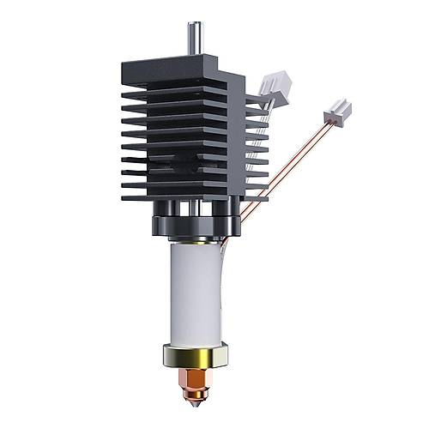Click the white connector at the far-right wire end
pyautogui.click(x=336, y=112)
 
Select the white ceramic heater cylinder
pyautogui.click(x=196, y=292)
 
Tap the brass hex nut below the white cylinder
pyautogui.click(x=196, y=353)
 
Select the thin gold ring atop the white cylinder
pyautogui.click(x=196, y=243)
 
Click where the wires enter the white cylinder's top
pyautogui.click(x=224, y=245)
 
